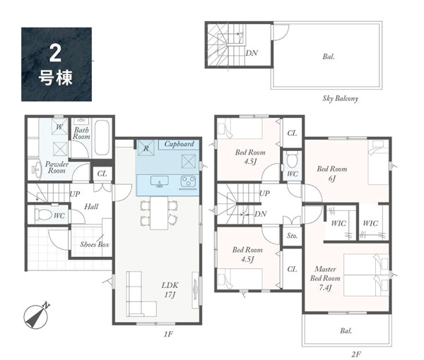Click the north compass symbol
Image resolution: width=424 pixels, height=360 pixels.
click(37, 316)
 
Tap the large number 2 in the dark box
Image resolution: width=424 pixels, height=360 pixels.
click(55, 54)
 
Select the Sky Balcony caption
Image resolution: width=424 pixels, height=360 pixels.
click(340, 98)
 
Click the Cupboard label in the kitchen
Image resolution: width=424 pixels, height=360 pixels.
click(179, 144)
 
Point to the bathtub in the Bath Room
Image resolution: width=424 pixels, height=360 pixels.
click(102, 138)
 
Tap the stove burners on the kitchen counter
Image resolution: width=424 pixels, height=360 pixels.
click(188, 181)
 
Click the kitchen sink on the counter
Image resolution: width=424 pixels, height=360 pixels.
click(160, 181)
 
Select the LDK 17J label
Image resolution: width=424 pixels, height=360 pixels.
click(170, 289)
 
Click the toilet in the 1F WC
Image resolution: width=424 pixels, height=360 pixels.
click(43, 215)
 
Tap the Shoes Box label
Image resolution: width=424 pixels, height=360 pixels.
click(95, 245)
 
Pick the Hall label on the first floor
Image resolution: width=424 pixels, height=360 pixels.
click(91, 207)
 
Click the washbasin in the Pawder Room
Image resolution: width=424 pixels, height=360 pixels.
click(37, 170)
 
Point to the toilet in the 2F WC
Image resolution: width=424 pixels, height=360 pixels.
click(292, 160)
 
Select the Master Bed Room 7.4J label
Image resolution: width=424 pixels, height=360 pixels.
click(325, 278)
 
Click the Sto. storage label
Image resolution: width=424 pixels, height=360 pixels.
click(292, 236)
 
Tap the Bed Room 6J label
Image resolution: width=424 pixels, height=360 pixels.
click(332, 174)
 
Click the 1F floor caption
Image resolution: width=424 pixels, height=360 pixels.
click(168, 335)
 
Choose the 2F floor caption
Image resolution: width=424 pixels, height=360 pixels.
click(356, 354)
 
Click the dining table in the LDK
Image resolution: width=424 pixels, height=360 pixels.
click(159, 213)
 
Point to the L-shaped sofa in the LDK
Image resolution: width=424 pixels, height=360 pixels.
click(141, 294)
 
